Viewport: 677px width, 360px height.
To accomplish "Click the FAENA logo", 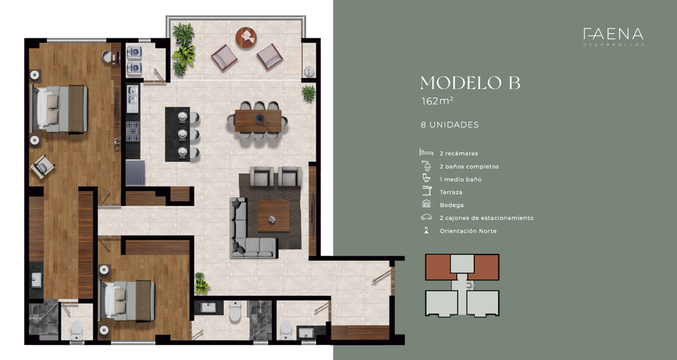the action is click(613, 36).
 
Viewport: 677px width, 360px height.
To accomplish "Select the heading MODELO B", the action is click(470, 83).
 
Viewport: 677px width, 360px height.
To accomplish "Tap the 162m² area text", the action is click(437, 101).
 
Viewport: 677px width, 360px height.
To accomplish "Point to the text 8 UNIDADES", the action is click(450, 125).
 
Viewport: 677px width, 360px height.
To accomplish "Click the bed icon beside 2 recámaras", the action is click(426, 153).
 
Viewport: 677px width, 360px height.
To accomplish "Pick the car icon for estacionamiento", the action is click(426, 217).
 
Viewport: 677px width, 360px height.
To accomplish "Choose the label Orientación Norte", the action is click(468, 231).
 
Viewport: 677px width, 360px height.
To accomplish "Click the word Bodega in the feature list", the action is click(452, 205).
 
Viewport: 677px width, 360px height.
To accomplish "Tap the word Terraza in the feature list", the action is click(451, 192).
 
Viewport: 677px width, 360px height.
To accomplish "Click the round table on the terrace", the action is click(246, 38).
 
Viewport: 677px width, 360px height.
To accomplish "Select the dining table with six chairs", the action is click(258, 121).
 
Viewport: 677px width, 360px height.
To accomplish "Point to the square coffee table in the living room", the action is click(274, 216).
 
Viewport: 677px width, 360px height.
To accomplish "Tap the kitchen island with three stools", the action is click(177, 134).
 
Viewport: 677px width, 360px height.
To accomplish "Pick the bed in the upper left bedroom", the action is click(61, 109).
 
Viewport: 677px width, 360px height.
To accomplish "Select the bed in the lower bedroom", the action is click(128, 301).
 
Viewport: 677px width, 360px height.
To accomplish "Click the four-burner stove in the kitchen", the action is click(133, 131).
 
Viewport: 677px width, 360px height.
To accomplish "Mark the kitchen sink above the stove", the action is click(133, 99).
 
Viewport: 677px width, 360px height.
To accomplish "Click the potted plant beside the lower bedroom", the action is click(201, 283).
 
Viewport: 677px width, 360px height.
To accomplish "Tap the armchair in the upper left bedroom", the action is click(43, 166).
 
